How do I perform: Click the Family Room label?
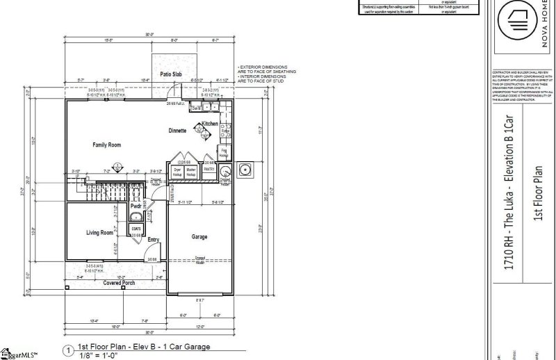107,145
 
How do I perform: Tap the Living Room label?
99,233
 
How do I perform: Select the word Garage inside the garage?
199,237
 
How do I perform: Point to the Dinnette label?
177,131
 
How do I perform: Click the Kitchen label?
210,124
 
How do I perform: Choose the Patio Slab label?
170,74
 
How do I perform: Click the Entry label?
154,240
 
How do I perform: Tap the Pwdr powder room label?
137,206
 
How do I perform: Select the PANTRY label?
209,169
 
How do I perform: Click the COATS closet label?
136,229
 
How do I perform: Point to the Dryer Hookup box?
177,171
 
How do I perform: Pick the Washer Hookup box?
192,171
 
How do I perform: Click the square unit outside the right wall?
244,169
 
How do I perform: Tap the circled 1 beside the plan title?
67,351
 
